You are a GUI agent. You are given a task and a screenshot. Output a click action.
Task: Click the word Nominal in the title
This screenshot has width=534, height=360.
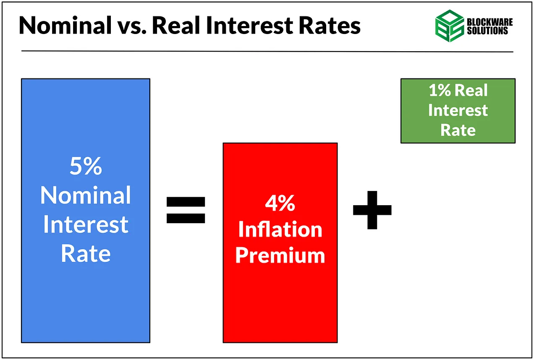pyautogui.click(x=65, y=25)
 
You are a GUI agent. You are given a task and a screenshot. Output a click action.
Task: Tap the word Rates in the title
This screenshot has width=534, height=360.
pyautogui.click(x=330, y=26)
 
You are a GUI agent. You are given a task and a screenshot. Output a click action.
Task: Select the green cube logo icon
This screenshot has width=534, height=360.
pyautogui.click(x=450, y=26)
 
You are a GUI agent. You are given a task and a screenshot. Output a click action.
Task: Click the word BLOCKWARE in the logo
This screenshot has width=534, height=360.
pyautogui.click(x=489, y=22)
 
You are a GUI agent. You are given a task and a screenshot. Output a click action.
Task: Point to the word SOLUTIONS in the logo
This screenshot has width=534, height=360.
pyautogui.click(x=487, y=31)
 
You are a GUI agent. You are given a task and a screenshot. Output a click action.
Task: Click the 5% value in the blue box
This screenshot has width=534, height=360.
pyautogui.click(x=86, y=166)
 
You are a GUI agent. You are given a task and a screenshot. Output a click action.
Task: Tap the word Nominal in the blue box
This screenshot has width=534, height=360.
pyautogui.click(x=86, y=195)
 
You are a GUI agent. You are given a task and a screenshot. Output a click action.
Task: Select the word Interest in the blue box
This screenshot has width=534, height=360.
pyautogui.click(x=86, y=224)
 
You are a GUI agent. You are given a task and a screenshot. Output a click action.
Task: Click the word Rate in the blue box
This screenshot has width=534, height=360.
pyautogui.click(x=86, y=253)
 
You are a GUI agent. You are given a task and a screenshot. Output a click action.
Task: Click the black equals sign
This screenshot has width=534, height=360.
pyautogui.click(x=186, y=210)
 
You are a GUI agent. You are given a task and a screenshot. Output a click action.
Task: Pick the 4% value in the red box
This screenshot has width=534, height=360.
pyautogui.click(x=280, y=203)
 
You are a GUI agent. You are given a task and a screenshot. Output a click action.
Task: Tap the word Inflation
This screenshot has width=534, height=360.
pyautogui.click(x=280, y=229)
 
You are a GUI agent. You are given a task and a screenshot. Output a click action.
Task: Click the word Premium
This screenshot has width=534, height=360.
pyautogui.click(x=280, y=256)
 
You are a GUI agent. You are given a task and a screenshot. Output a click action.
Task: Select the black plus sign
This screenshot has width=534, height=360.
pyautogui.click(x=372, y=210)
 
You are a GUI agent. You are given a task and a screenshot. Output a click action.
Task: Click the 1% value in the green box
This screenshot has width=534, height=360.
pyautogui.click(x=440, y=91)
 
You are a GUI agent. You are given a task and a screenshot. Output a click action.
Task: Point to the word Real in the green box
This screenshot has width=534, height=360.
pyautogui.click(x=471, y=90)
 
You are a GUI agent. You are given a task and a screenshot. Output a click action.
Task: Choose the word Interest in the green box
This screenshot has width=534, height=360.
pyautogui.click(x=458, y=110)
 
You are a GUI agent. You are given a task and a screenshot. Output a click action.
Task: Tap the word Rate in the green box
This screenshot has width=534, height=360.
pyautogui.click(x=458, y=130)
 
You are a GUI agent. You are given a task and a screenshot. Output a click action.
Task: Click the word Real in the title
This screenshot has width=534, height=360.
pyautogui.click(x=176, y=25)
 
